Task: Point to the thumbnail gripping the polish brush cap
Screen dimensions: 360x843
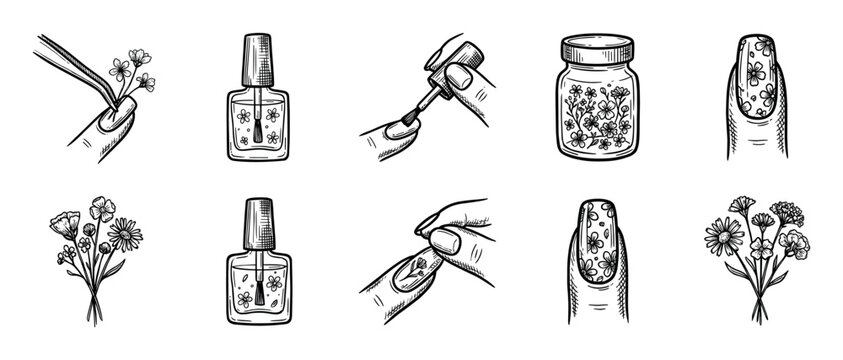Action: pos(462,77)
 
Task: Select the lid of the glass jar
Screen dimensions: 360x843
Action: pos(597,49)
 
